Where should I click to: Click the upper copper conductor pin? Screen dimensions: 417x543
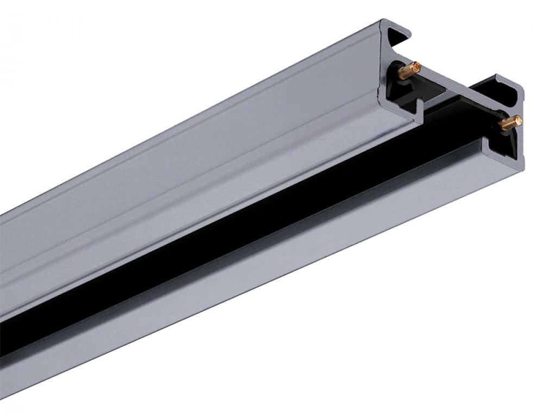pyautogui.click(x=408, y=71)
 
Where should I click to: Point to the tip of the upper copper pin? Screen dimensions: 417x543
pyautogui.click(x=416, y=67)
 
